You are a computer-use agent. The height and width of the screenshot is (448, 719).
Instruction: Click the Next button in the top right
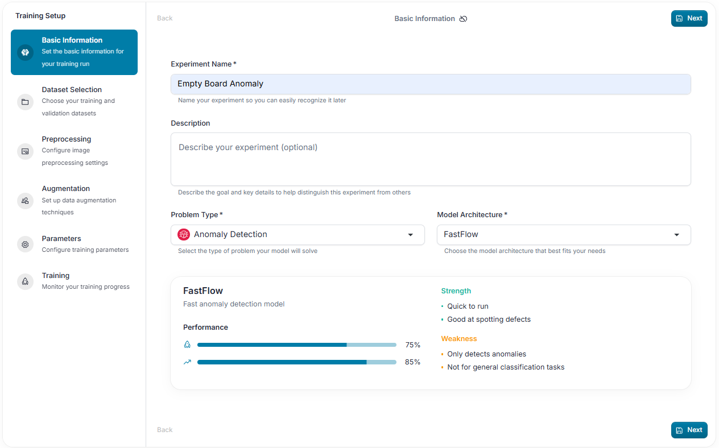pos(689,18)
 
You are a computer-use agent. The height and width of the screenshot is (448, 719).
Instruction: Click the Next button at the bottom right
pos(689,430)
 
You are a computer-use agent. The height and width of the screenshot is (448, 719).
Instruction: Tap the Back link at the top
pos(164,18)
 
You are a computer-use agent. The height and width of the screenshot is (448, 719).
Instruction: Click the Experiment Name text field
pos(431,84)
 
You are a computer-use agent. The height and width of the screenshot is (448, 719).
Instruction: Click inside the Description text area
pos(431,159)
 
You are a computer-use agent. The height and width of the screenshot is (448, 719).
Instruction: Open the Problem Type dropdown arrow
pos(410,235)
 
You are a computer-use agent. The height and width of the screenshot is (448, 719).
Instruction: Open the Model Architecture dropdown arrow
pos(677,235)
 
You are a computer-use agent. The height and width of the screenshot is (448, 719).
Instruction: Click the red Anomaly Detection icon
pos(184,235)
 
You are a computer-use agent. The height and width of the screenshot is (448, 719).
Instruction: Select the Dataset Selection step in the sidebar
pos(72,89)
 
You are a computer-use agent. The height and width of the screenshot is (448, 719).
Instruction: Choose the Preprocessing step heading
pos(67,139)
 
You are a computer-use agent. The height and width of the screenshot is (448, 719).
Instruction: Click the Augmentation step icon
pos(25,201)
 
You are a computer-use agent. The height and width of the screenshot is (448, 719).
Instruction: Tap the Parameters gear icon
pos(25,244)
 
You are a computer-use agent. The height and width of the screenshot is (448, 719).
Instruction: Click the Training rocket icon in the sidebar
pos(25,281)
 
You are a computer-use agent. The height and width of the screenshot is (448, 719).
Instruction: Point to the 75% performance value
pos(412,345)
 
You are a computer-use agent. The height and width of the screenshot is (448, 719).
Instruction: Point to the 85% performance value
pos(412,362)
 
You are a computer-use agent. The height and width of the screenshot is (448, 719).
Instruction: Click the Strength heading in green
pos(456,291)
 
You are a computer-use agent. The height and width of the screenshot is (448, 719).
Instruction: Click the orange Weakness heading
pos(458,339)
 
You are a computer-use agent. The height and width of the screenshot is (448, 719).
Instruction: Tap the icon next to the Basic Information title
pos(463,19)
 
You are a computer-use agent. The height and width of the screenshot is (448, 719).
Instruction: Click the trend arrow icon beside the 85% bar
pos(187,362)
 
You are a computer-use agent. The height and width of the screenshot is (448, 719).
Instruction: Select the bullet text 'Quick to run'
pos(468,306)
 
